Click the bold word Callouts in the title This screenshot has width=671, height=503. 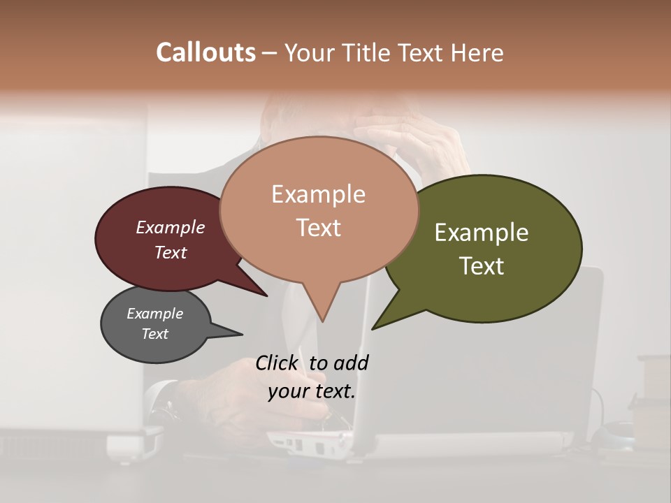[x=205, y=52]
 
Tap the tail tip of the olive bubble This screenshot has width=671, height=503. [x=373, y=328]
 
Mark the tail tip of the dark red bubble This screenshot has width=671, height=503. [x=266, y=296]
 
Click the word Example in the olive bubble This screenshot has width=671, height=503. [x=482, y=233]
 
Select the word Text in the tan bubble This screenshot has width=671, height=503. [x=319, y=228]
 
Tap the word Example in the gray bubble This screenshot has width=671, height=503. [x=154, y=314]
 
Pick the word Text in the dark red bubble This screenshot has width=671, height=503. [x=170, y=252]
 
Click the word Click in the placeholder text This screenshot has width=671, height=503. [x=277, y=363]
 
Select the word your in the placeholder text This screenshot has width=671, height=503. [x=289, y=391]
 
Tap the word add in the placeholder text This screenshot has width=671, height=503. [x=350, y=363]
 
